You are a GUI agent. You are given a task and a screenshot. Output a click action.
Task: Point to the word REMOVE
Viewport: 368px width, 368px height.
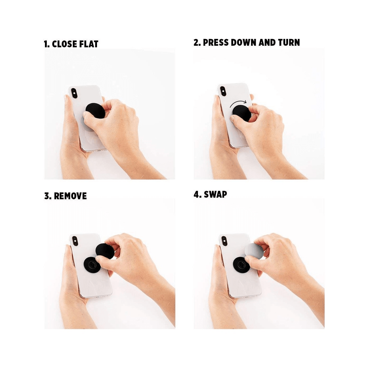pos(70,196)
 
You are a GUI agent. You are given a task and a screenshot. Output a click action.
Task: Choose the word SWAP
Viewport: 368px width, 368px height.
pos(216,195)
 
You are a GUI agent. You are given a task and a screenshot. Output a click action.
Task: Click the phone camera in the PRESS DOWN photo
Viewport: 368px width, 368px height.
pos(223,91)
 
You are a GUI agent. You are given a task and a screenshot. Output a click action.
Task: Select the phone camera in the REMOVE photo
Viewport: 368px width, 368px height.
pos(75,241)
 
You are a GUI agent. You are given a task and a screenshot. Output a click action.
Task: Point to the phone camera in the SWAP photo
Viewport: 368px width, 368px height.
pos(224,241)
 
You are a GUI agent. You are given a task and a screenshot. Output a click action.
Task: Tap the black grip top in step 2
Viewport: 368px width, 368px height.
pos(241,114)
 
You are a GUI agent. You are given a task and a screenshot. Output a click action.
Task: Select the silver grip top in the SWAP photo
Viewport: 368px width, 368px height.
pos(254,251)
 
